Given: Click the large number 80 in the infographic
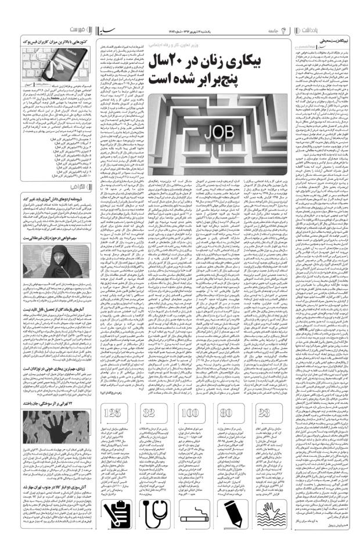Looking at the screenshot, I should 227,430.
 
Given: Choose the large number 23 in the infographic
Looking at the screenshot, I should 265,430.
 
